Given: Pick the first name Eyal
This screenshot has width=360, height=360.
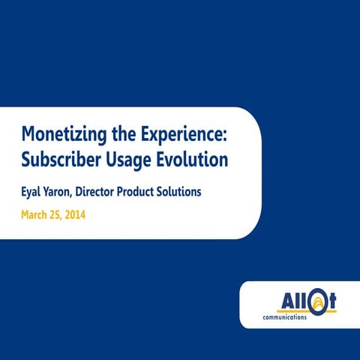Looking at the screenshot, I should coord(33,192).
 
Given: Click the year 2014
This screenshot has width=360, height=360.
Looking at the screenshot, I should coord(83,215).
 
